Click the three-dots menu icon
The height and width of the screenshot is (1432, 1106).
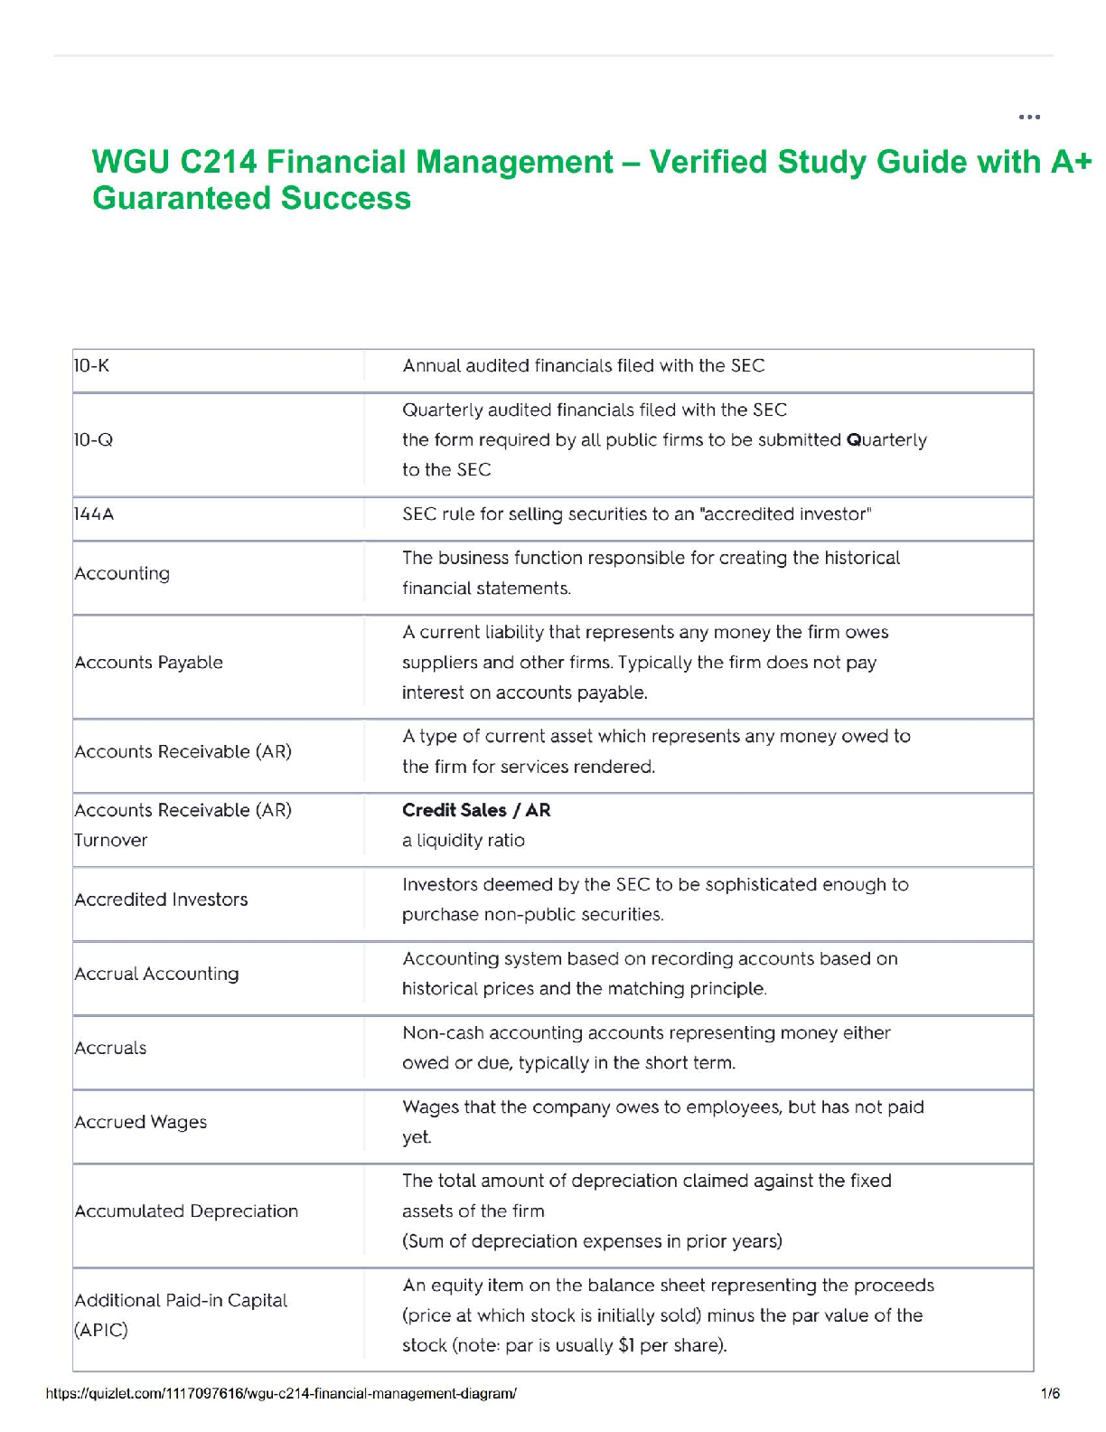[x=1029, y=117]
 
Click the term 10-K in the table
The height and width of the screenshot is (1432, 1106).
[x=92, y=366]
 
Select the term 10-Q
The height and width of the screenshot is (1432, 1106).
[x=94, y=440]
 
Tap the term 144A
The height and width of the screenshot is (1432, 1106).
[x=95, y=514]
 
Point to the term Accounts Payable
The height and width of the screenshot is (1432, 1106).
[x=149, y=663]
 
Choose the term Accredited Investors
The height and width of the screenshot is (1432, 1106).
[x=161, y=900]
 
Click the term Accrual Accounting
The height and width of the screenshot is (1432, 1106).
[x=157, y=974]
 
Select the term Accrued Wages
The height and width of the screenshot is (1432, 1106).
[x=141, y=1122]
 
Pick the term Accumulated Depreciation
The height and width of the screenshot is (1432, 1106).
[x=186, y=1211]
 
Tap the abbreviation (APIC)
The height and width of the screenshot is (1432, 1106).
[x=101, y=1331]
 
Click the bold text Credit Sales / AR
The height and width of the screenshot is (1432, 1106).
[x=476, y=810]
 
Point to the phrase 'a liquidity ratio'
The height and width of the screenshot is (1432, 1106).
[x=464, y=841]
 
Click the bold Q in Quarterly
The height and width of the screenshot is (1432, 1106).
[x=853, y=440]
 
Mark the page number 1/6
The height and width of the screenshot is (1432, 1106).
[x=1050, y=1393]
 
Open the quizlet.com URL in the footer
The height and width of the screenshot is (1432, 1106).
[x=281, y=1393]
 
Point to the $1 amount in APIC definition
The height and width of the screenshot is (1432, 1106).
[x=626, y=1345]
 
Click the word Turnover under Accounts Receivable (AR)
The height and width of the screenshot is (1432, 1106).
[x=111, y=841]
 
